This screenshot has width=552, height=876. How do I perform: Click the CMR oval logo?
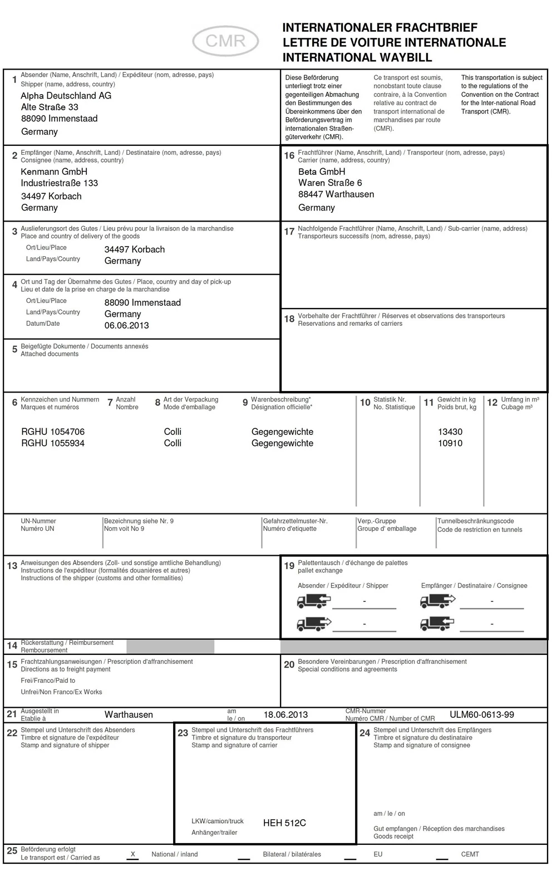(x=225, y=41)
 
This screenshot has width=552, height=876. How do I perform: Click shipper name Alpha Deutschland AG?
(x=66, y=96)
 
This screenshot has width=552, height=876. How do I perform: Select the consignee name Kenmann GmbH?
(x=54, y=172)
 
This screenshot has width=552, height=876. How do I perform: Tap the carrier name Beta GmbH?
(x=322, y=172)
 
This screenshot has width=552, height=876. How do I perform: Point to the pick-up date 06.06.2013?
(x=126, y=325)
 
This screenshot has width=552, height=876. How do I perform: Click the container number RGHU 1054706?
(x=53, y=432)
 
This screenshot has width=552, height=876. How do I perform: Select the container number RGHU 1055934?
(x=53, y=443)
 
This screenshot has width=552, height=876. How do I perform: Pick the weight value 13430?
(x=450, y=432)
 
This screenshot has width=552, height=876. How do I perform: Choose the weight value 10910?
(x=450, y=443)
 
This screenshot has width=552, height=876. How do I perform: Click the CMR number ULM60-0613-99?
(x=481, y=714)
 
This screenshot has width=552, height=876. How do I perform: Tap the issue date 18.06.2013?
(x=285, y=714)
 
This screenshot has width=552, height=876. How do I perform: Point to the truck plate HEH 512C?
(x=284, y=823)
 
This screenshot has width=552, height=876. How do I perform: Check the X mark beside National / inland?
(x=132, y=854)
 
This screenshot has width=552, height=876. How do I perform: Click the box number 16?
(x=289, y=155)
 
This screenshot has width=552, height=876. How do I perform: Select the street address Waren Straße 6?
(x=330, y=183)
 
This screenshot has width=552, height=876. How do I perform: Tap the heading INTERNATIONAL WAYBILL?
(x=357, y=57)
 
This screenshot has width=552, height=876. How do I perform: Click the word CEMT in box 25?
(x=470, y=854)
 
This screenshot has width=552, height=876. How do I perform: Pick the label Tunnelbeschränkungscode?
(x=475, y=521)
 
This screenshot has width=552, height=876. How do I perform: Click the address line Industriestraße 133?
(x=59, y=183)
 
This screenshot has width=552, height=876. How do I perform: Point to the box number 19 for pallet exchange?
(x=289, y=566)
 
